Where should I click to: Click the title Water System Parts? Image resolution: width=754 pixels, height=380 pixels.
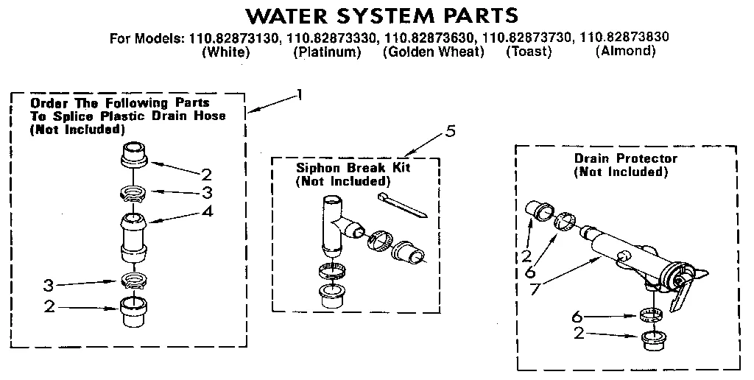point(381,15)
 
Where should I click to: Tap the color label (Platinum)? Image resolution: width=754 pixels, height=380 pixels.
point(327,52)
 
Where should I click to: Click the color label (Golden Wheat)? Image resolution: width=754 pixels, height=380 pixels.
point(434,52)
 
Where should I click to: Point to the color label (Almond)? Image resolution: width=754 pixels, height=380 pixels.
point(625,51)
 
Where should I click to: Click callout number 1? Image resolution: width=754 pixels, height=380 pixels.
point(299,94)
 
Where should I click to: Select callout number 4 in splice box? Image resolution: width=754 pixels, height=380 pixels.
point(208,211)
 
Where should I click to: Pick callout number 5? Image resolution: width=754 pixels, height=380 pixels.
point(450,132)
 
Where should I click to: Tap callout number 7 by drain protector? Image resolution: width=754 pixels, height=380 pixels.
point(535,288)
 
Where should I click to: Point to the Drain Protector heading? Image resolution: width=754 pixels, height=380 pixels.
point(625,158)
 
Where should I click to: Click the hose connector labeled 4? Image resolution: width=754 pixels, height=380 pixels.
point(133,234)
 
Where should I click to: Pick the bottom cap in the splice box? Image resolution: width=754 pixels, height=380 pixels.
point(133,314)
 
